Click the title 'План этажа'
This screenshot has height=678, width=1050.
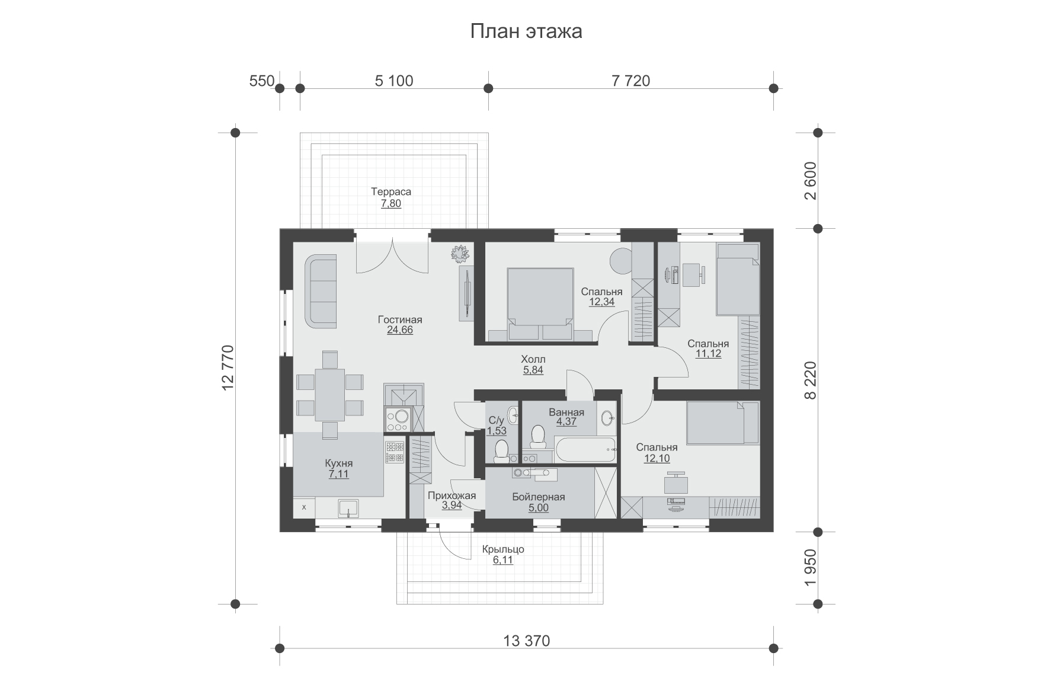click(x=526, y=31)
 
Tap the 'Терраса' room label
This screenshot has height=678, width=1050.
click(x=391, y=192)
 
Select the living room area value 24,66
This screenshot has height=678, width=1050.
click(x=400, y=331)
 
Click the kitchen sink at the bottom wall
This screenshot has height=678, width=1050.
click(x=348, y=509)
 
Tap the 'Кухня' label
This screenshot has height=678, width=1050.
click(x=339, y=463)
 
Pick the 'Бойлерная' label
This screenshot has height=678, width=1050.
click(x=539, y=497)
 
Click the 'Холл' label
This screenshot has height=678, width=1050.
click(x=533, y=359)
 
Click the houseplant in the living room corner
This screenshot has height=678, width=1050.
click(x=459, y=254)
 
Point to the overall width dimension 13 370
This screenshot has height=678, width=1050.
click(x=527, y=641)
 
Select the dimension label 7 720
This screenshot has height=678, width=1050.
click(x=631, y=81)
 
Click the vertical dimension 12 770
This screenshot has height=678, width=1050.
click(x=228, y=368)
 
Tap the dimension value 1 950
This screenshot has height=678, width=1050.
click(x=811, y=568)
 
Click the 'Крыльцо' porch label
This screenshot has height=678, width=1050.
click(x=503, y=549)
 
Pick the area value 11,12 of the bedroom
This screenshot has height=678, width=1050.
click(x=708, y=354)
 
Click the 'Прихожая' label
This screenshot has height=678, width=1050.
click(x=452, y=496)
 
